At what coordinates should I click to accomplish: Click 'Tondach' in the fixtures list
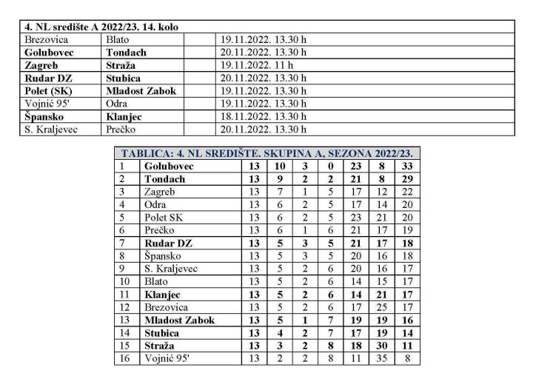pos(127,53)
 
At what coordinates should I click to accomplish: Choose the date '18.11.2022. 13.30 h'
pos(263,117)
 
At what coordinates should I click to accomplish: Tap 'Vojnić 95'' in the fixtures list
pos(48,104)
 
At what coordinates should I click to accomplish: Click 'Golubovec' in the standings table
pos(170,167)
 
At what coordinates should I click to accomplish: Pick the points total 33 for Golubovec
pos(406,167)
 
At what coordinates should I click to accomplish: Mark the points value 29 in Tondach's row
pos(406,180)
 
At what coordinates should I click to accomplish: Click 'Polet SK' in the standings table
pos(163,218)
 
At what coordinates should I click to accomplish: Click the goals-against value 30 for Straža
pos(381,346)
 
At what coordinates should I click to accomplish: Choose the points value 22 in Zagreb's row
pos(406,192)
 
